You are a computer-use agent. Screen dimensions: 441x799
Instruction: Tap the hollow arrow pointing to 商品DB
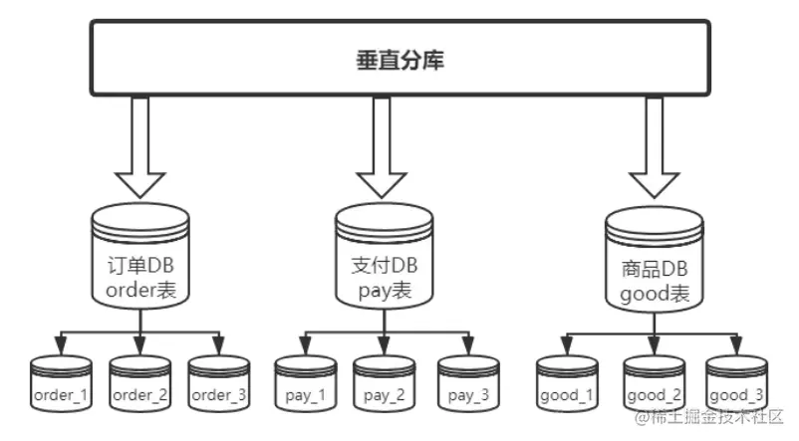tap(655, 149)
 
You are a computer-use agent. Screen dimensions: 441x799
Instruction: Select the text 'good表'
tap(655, 295)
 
